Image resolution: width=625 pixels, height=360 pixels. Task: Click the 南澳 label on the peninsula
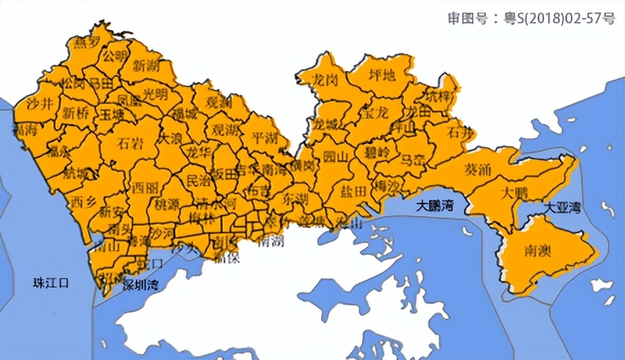click(x=538, y=250)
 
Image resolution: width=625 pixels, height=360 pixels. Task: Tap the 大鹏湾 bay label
click(x=435, y=206)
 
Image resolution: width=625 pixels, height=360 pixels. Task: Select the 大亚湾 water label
click(x=562, y=207)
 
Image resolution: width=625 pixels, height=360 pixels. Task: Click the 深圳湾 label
click(x=141, y=285)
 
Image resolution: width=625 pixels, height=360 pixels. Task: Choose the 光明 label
click(x=155, y=93)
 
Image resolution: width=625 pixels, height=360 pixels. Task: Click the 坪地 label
click(x=381, y=75)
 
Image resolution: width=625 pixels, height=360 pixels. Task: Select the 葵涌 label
click(x=478, y=169)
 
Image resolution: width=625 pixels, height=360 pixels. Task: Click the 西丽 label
click(x=144, y=188)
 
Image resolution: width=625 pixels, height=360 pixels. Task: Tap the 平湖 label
click(x=264, y=138)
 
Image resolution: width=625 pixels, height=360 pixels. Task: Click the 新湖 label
click(x=146, y=67)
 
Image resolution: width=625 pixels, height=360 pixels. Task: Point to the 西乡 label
click(x=83, y=202)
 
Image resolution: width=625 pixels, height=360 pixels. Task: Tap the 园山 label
click(x=335, y=157)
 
